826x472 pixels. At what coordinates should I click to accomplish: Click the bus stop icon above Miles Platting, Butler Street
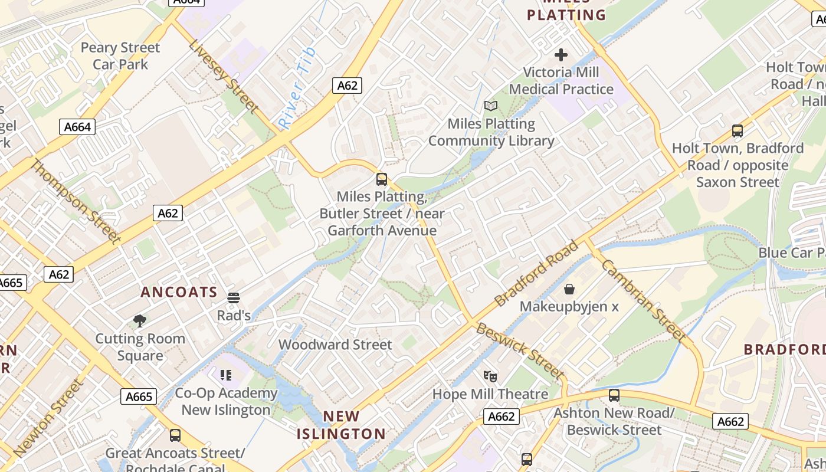point(382,179)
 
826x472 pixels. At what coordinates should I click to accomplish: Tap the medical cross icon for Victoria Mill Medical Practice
point(561,55)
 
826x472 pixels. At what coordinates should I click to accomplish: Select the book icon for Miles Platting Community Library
point(491,106)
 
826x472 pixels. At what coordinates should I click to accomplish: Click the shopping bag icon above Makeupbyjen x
point(569,289)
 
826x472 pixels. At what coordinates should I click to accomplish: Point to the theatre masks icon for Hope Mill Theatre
point(490,376)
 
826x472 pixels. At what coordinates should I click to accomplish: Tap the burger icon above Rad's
point(234,297)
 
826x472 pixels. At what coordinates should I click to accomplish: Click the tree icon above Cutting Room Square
point(140,321)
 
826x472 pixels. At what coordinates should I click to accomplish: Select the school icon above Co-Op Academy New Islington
point(225,375)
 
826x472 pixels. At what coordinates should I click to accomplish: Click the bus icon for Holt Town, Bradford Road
point(737,131)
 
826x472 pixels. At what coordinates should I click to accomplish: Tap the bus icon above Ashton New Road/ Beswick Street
point(614,395)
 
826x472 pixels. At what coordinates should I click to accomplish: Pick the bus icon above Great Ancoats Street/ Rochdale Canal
point(175,435)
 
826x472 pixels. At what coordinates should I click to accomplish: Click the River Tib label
point(297,88)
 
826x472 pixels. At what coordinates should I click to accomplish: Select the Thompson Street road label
point(75,201)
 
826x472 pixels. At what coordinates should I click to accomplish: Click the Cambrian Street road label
point(644,301)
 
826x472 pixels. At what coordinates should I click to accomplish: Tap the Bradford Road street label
point(536,274)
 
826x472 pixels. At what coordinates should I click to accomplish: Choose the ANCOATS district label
point(179,292)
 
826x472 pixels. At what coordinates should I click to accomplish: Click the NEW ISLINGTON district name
point(341,425)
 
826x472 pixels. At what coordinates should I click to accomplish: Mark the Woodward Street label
point(335,345)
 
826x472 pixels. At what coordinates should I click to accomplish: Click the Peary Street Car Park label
point(120,55)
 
